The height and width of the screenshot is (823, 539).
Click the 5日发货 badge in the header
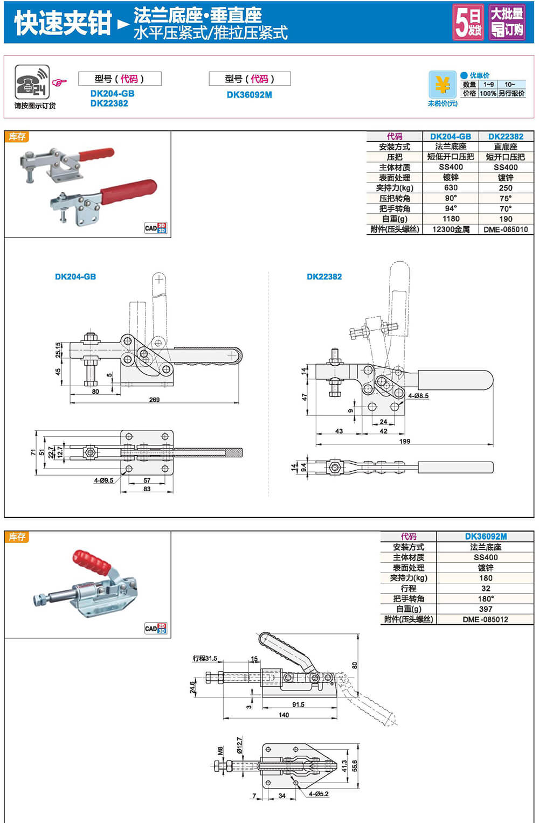point(468,22)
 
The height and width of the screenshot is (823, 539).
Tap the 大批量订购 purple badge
point(507,22)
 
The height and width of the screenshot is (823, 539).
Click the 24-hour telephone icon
point(32,82)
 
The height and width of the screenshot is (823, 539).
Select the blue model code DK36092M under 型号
point(249,95)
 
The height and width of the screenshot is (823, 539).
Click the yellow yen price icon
point(442,85)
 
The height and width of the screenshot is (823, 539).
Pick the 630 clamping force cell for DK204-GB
point(451,188)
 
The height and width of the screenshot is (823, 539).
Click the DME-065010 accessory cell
point(506,229)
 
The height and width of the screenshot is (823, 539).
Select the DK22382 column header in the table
point(506,137)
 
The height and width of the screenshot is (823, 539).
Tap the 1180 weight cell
point(451,219)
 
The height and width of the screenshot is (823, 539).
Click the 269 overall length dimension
point(154,400)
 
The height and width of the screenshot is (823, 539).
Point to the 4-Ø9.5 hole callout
point(103,480)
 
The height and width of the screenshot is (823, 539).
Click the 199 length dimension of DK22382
point(405,441)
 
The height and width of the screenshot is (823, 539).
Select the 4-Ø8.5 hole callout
point(418,396)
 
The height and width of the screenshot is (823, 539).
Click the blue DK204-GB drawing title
point(75,277)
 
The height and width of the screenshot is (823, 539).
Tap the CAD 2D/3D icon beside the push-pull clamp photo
point(155,628)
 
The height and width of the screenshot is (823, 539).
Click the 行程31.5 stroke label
point(205,658)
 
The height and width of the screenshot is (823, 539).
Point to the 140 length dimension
point(284,715)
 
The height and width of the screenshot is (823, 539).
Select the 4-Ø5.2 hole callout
point(319,794)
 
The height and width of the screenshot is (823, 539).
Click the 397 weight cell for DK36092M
point(485,609)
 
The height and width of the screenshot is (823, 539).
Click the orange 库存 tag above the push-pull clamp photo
point(17,537)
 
